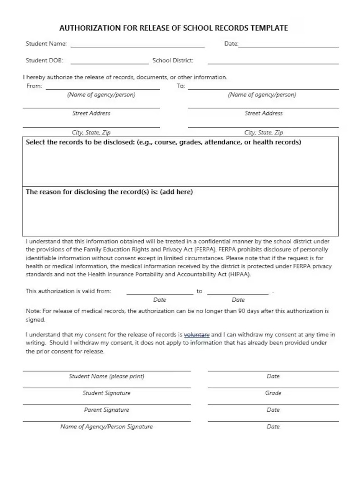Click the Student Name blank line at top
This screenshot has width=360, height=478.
(x=137, y=45)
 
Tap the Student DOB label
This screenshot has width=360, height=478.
(x=44, y=60)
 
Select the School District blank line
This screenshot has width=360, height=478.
(x=273, y=62)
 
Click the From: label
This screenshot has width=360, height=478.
(x=34, y=86)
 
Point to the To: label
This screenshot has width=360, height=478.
(x=181, y=86)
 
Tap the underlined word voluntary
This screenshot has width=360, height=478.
(x=197, y=335)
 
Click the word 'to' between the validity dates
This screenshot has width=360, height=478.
(x=200, y=291)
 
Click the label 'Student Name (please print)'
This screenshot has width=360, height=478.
(x=106, y=377)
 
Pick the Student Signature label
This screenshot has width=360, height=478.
(x=106, y=393)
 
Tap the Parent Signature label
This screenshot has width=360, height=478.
(x=106, y=410)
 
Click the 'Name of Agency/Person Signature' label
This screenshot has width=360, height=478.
(x=106, y=427)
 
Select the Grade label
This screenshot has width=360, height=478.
(x=273, y=393)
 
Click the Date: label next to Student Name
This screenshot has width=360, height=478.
(x=231, y=44)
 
